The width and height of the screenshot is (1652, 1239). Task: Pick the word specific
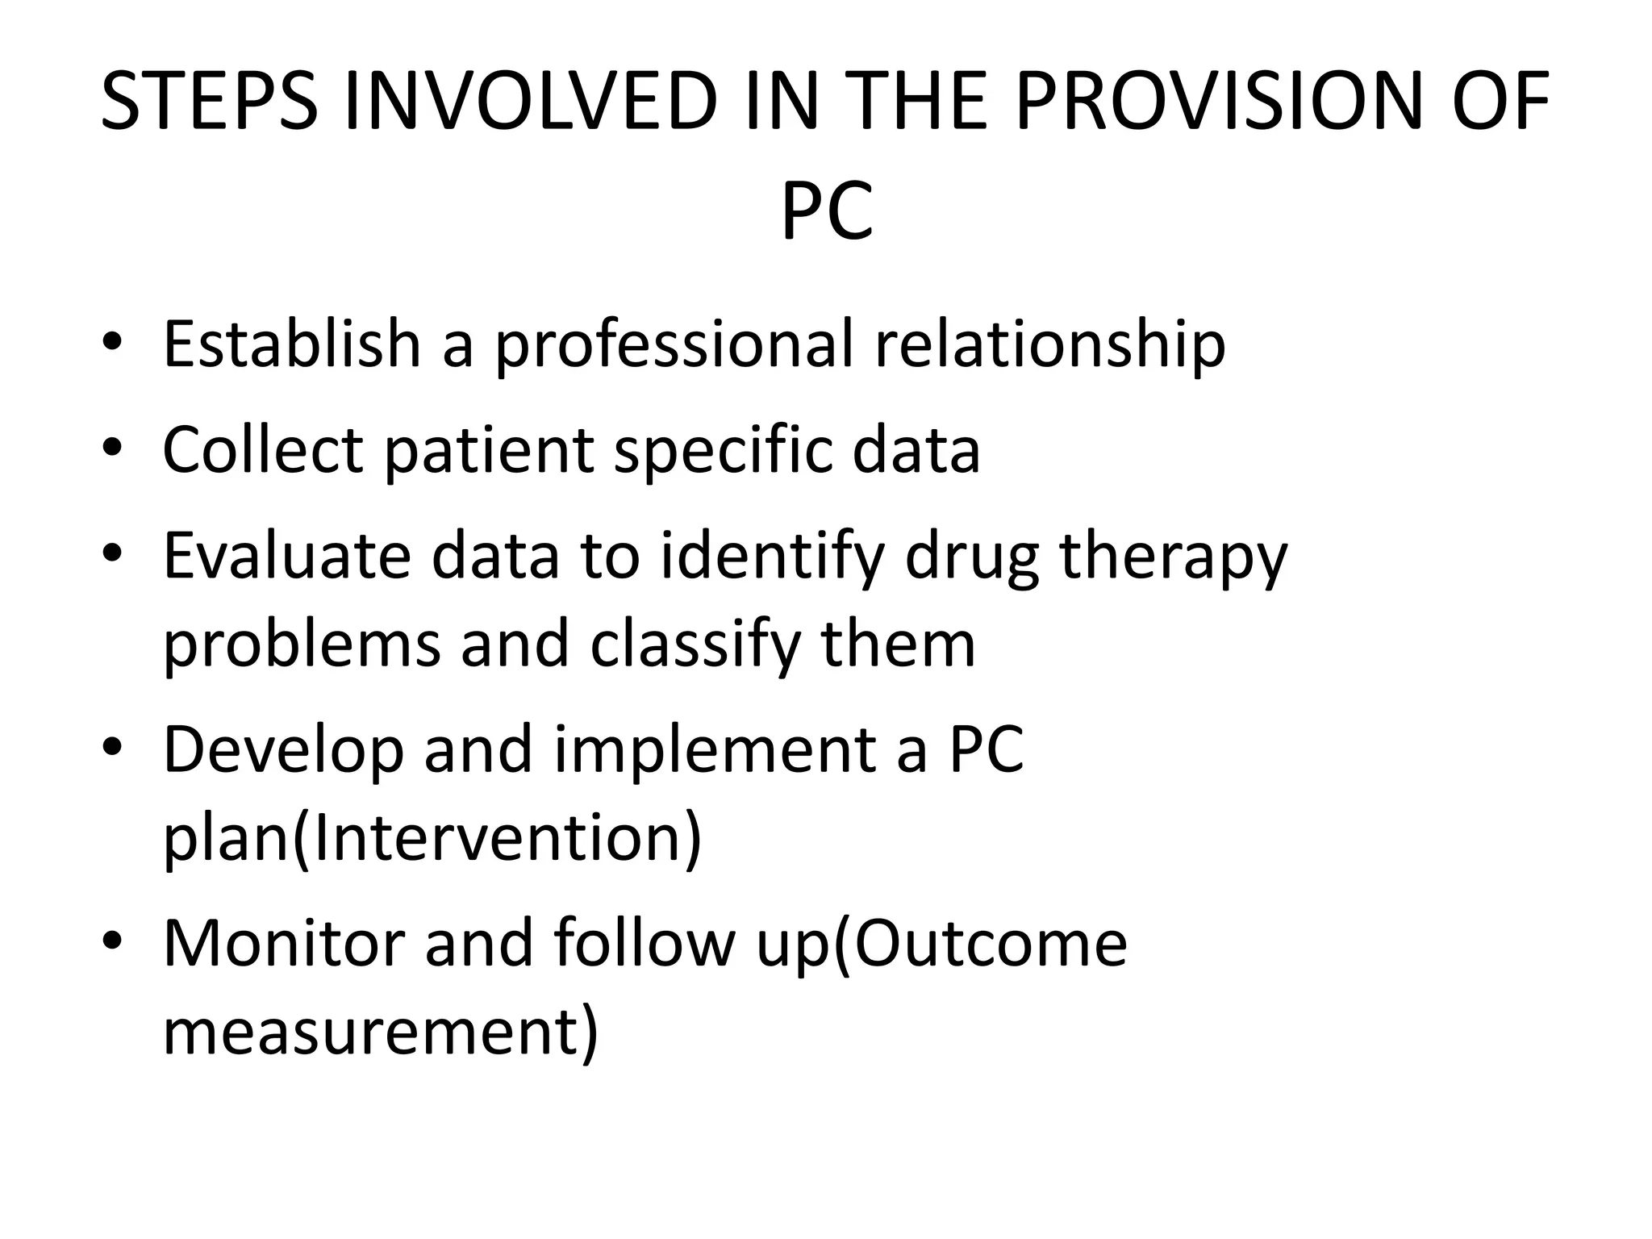723,450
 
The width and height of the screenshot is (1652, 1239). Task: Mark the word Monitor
284,944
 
